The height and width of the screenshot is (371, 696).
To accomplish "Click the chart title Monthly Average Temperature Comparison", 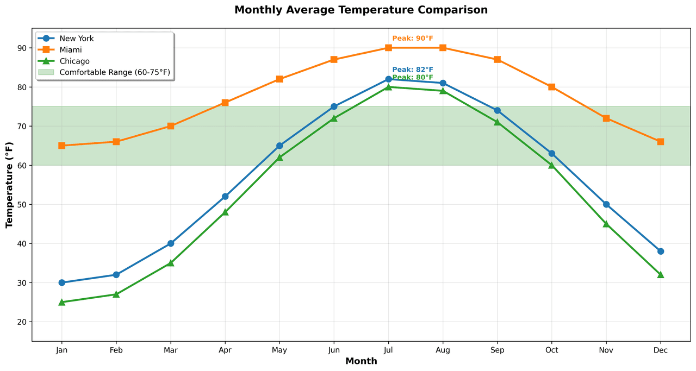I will (361, 10).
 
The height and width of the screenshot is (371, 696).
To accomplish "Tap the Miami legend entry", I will (71, 49).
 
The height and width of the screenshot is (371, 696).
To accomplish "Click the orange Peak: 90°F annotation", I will (413, 39).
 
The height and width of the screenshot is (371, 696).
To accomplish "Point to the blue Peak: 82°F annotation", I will (413, 70).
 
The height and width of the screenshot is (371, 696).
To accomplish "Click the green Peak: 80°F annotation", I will (413, 78).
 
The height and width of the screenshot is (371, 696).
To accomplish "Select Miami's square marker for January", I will (62, 146).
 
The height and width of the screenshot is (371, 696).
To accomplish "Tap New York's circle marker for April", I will (225, 196).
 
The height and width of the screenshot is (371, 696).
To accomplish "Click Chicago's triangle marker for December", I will (660, 275).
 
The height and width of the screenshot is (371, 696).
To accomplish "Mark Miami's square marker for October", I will (551, 87).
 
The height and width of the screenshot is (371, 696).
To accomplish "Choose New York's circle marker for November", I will (606, 204).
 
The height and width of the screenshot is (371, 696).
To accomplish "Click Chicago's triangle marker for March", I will (171, 263).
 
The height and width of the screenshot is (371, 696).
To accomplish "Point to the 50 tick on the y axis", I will (22, 204).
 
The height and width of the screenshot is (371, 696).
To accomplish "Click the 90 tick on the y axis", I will (22, 48).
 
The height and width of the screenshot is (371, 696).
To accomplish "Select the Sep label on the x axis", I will (497, 350).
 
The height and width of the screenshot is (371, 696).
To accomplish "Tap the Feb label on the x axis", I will (116, 350).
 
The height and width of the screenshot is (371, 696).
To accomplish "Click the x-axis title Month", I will (361, 361).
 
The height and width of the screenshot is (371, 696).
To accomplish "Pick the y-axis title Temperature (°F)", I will (9, 185).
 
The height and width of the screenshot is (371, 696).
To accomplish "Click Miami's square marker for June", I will (334, 59).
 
